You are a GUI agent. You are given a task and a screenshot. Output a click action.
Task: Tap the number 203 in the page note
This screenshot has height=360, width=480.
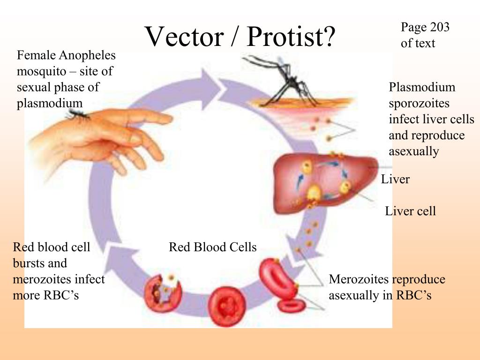(x=438, y=28)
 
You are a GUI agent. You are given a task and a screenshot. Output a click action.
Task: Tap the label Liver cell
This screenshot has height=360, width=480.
(x=410, y=211)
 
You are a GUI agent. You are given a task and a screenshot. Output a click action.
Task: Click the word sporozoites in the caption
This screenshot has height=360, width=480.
(x=419, y=104)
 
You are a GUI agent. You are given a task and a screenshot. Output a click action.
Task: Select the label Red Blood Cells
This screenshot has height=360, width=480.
(x=213, y=247)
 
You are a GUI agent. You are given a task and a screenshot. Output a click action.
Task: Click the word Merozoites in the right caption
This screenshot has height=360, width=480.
(x=359, y=279)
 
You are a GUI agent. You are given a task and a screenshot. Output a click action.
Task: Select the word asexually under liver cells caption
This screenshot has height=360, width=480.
(x=413, y=151)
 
